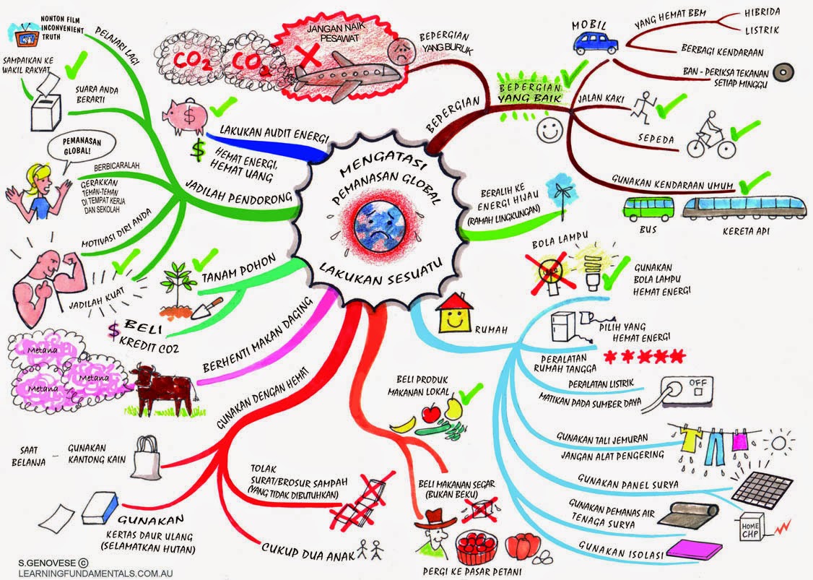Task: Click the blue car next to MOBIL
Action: coord(596,43)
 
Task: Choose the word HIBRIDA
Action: coord(759,12)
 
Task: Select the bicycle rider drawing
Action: coord(710,136)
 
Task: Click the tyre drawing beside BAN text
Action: coord(781,74)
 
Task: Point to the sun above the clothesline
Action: coord(780,441)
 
